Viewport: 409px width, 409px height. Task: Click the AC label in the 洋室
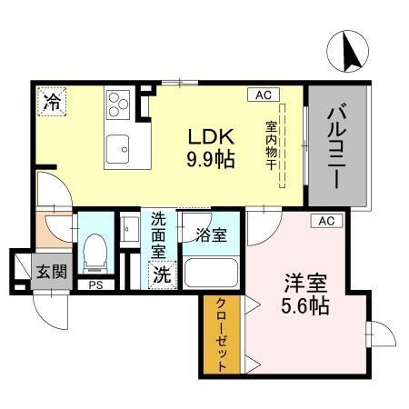click(327, 221)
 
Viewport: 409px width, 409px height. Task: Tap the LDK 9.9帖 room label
click(212, 145)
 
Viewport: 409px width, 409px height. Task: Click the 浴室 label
click(210, 234)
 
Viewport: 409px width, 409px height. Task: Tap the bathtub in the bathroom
click(210, 273)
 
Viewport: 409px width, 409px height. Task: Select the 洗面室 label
click(159, 234)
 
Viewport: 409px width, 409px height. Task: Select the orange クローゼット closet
click(221, 335)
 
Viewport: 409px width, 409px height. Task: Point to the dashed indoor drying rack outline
click(283, 146)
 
